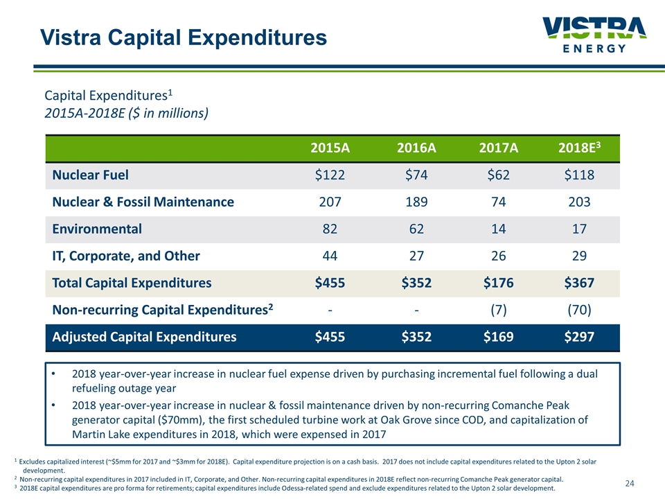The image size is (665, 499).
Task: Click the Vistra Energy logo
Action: click(x=594, y=35)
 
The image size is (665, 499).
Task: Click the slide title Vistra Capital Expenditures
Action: click(x=183, y=37)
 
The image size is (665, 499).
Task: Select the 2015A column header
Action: click(x=330, y=148)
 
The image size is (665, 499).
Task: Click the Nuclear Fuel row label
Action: click(x=90, y=175)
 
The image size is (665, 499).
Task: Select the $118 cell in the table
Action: click(x=580, y=175)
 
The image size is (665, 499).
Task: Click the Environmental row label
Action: click(x=97, y=229)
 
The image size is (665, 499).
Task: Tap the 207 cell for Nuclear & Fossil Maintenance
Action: click(x=330, y=202)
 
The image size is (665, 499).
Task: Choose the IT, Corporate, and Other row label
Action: click(x=126, y=256)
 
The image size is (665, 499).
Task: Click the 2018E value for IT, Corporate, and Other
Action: click(x=580, y=256)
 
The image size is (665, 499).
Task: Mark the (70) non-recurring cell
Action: click(x=580, y=310)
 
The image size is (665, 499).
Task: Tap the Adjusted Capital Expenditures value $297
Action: click(x=580, y=338)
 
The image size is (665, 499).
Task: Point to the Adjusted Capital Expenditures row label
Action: click(x=144, y=338)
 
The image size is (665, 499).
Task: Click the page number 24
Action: click(x=630, y=482)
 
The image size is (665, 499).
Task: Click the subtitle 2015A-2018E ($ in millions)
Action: click(x=126, y=112)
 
